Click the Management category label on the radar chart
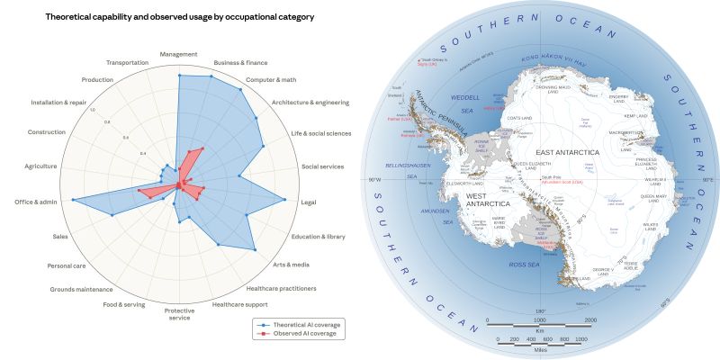(178, 54)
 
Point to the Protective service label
(178, 314)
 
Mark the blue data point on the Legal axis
(285, 199)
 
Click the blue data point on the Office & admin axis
(73, 198)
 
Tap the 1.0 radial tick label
(92, 110)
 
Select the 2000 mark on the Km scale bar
(589, 320)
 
